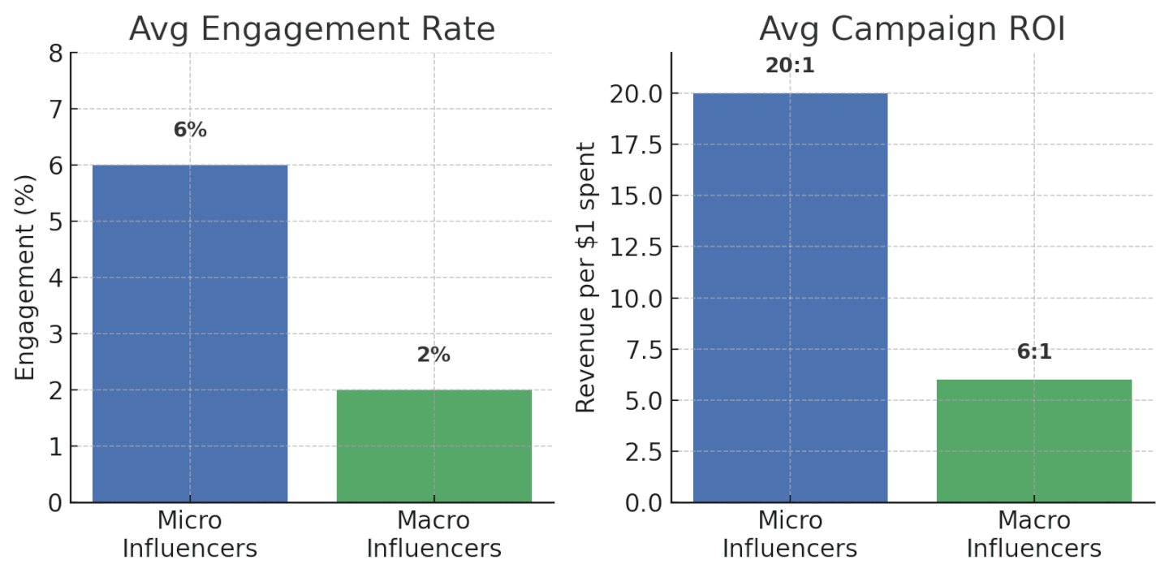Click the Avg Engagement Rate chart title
pos(312,29)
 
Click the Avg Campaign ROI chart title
pos(912,29)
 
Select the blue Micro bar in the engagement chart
pos(190,333)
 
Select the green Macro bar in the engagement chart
pos(434,446)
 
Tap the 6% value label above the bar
pos(190,130)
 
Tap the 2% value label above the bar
pos(434,355)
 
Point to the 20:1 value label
pos(790,67)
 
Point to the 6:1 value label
pos(1033,352)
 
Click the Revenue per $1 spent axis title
pos(586,278)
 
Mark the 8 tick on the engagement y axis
pos(55,54)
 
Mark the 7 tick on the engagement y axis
pos(55,110)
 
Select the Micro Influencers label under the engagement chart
pos(190,534)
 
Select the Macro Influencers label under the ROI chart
pos(1033,534)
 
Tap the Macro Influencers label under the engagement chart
pos(434,534)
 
